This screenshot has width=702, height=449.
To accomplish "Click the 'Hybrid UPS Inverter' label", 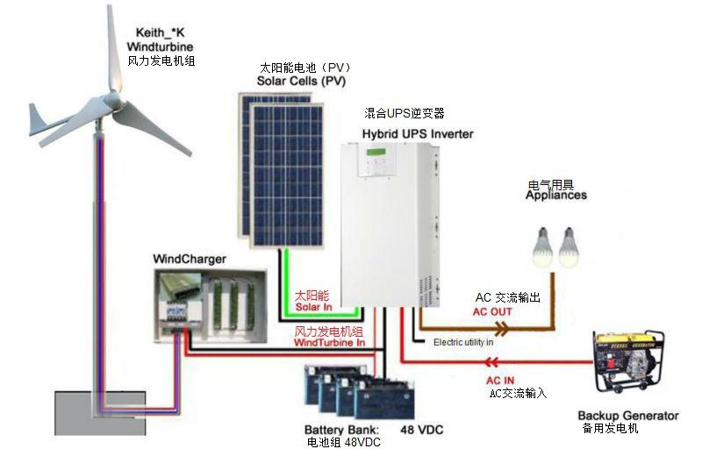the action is (x=418, y=133).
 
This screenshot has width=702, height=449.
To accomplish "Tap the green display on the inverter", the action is (x=376, y=152).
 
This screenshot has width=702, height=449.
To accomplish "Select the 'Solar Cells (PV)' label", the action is (x=301, y=81).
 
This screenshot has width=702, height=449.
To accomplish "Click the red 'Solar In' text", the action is (x=314, y=307).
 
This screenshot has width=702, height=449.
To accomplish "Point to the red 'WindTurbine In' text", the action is (x=329, y=343).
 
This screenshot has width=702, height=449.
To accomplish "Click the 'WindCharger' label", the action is (x=190, y=259).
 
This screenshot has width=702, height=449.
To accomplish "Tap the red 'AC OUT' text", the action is (x=492, y=311).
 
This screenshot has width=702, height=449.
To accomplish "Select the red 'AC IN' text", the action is (x=500, y=381).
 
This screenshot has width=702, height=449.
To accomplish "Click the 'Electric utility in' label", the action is (x=463, y=342).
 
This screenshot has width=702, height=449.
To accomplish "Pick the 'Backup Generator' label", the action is (x=628, y=416).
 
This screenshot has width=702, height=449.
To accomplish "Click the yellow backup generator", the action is (x=628, y=361).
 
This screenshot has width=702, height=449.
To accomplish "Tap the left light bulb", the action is (x=543, y=246).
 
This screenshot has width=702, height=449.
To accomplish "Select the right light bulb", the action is (x=569, y=246).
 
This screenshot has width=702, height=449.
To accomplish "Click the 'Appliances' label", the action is (x=556, y=195).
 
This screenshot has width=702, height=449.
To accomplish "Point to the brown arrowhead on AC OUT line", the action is (x=502, y=330).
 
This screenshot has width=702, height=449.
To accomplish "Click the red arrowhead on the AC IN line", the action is (x=491, y=362).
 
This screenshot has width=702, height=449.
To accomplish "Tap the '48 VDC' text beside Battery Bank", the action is (x=422, y=430).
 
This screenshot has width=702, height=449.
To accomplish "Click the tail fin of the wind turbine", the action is (x=37, y=118).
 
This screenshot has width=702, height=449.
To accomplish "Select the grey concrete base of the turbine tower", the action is (x=100, y=413).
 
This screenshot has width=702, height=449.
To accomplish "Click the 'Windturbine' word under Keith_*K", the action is (x=160, y=46).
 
